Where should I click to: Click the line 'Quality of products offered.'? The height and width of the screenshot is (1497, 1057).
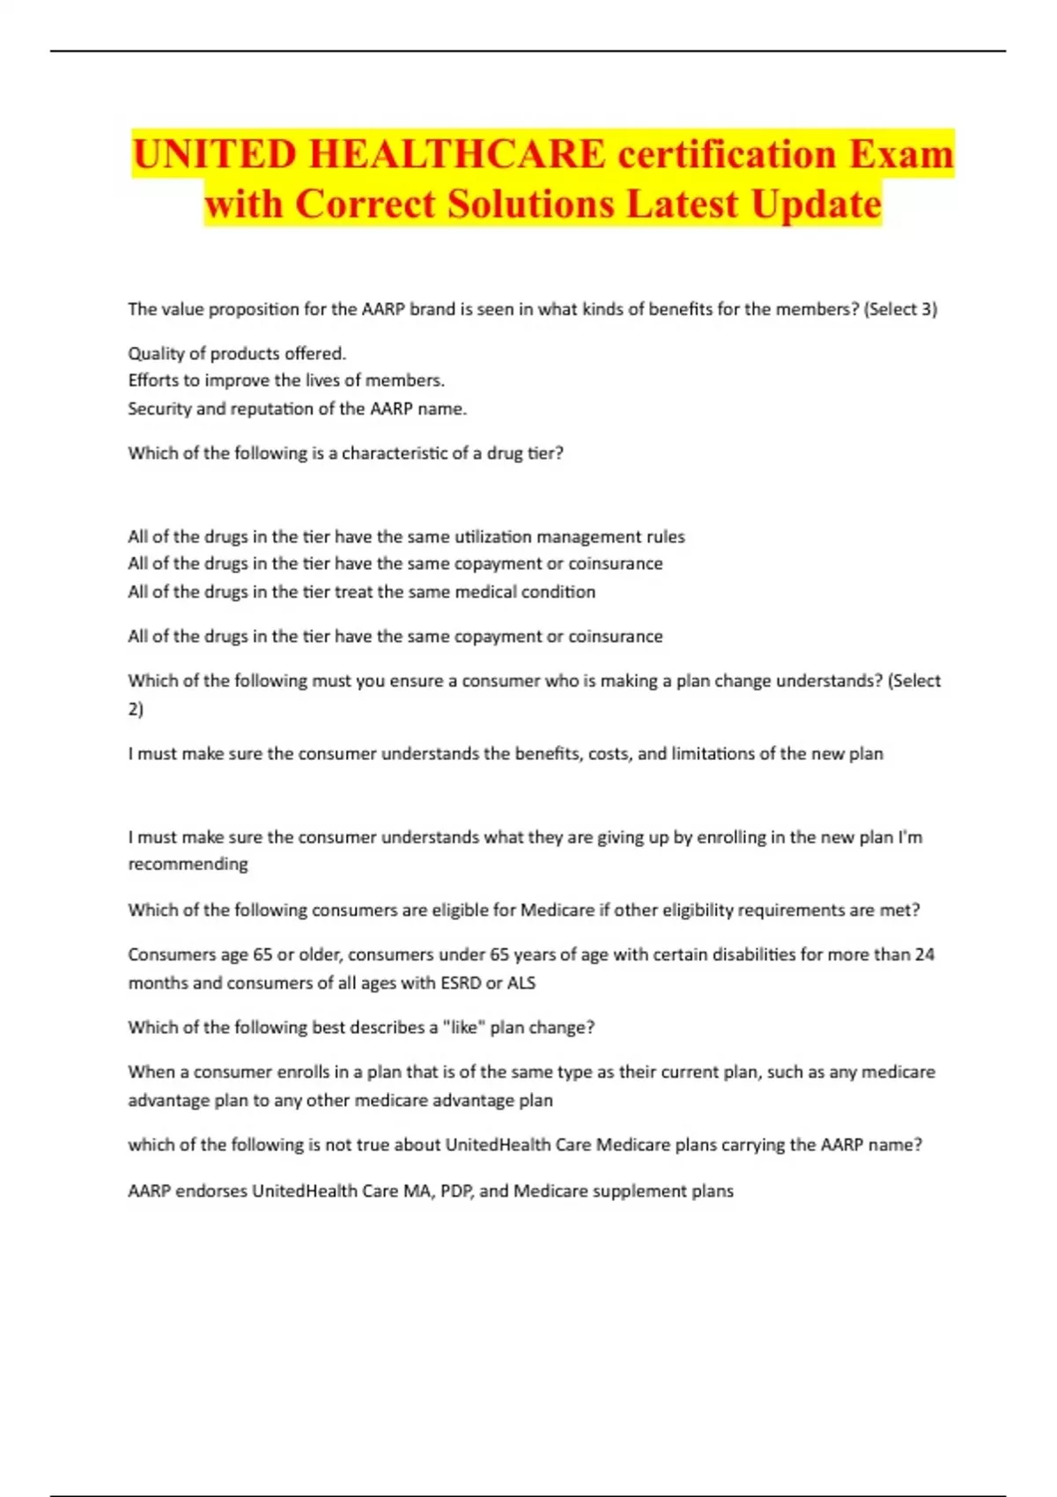(x=237, y=353)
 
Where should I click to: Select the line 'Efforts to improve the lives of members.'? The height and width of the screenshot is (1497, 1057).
(x=286, y=380)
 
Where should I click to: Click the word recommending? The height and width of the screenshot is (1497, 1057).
(x=188, y=864)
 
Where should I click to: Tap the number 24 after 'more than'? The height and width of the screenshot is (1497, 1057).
(x=924, y=955)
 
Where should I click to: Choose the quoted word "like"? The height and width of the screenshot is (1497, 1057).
(x=463, y=1028)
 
